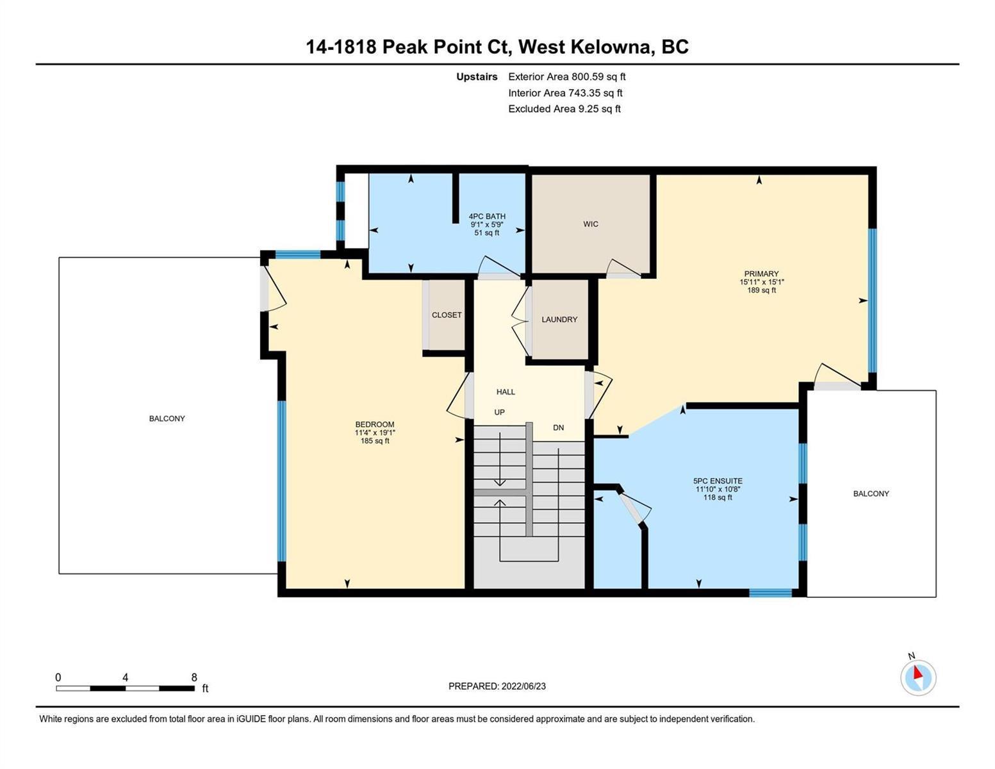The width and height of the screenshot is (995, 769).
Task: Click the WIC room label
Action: point(590,224)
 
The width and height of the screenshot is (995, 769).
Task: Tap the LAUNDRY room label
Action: point(559,319)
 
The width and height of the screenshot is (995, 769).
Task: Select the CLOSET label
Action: point(447,315)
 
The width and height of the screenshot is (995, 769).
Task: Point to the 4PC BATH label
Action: point(487,216)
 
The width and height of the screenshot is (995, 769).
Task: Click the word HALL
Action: point(506,392)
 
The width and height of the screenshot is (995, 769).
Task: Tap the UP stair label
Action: point(499,412)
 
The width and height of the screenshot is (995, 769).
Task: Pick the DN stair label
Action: point(558,428)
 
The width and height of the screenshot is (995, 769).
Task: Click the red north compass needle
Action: point(917,673)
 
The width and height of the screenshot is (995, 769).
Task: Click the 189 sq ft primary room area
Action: point(761,290)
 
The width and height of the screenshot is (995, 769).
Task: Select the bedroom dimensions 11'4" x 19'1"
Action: point(375,433)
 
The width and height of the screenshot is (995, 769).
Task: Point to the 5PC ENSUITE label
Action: point(718,481)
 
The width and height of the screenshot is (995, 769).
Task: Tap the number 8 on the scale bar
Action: point(194,677)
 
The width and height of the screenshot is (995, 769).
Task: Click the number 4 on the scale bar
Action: point(125,677)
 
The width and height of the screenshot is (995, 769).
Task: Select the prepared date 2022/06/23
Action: point(523,686)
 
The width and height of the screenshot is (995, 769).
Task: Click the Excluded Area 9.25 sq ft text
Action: point(564,109)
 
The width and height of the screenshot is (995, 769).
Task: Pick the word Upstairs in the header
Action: point(477,77)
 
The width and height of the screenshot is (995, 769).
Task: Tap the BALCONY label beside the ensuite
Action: point(871,493)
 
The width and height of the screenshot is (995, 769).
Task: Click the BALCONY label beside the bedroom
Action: point(167,418)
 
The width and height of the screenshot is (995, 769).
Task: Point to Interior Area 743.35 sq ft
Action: point(565,93)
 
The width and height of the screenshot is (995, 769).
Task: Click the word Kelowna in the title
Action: point(608,47)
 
